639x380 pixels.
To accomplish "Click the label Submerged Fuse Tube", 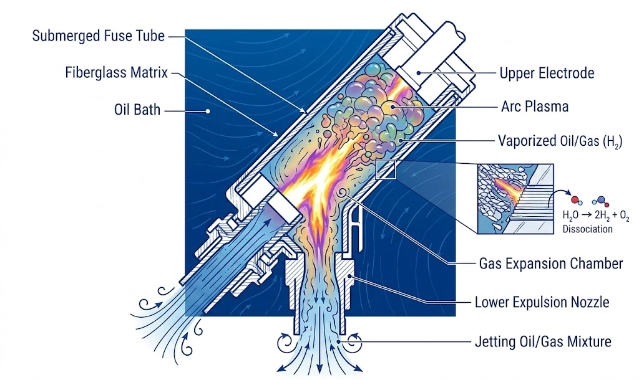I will point(99,36).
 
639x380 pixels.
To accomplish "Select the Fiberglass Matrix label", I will point(117,72).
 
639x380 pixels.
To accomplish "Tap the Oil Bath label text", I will point(137,110).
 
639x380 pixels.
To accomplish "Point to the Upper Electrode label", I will point(547,74).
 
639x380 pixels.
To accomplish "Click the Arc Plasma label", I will point(535,107).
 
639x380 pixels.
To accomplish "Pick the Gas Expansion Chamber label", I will point(551,264).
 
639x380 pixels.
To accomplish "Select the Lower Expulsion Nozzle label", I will point(542,303).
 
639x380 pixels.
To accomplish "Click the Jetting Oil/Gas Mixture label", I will point(542,341).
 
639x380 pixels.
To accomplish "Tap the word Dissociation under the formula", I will point(588,229).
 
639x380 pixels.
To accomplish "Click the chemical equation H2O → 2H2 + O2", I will point(595,216).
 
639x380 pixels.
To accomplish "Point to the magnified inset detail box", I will point(507,198).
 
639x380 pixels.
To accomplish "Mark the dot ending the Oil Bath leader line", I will point(207,111).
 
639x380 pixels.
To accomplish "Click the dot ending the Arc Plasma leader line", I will point(393,107).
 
